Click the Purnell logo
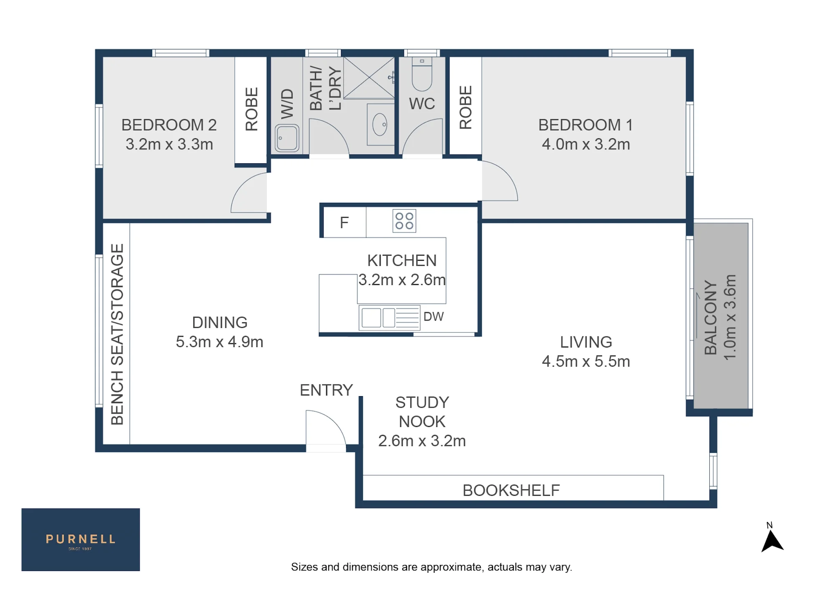click(x=80, y=539)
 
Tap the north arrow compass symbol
click(x=772, y=540)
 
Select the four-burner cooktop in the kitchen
click(x=404, y=221)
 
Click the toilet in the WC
click(x=422, y=74)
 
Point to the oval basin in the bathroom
click(x=379, y=124)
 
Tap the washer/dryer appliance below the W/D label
click(x=287, y=138)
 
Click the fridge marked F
click(x=344, y=222)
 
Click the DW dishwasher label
click(x=433, y=317)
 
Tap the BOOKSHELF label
click(x=511, y=490)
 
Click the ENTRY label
click(x=326, y=390)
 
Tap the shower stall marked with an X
click(x=369, y=77)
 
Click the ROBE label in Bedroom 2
click(x=251, y=109)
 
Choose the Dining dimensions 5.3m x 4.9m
click(x=219, y=342)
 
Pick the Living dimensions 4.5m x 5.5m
click(x=586, y=361)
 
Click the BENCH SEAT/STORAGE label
click(x=117, y=334)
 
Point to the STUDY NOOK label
click(x=422, y=412)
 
